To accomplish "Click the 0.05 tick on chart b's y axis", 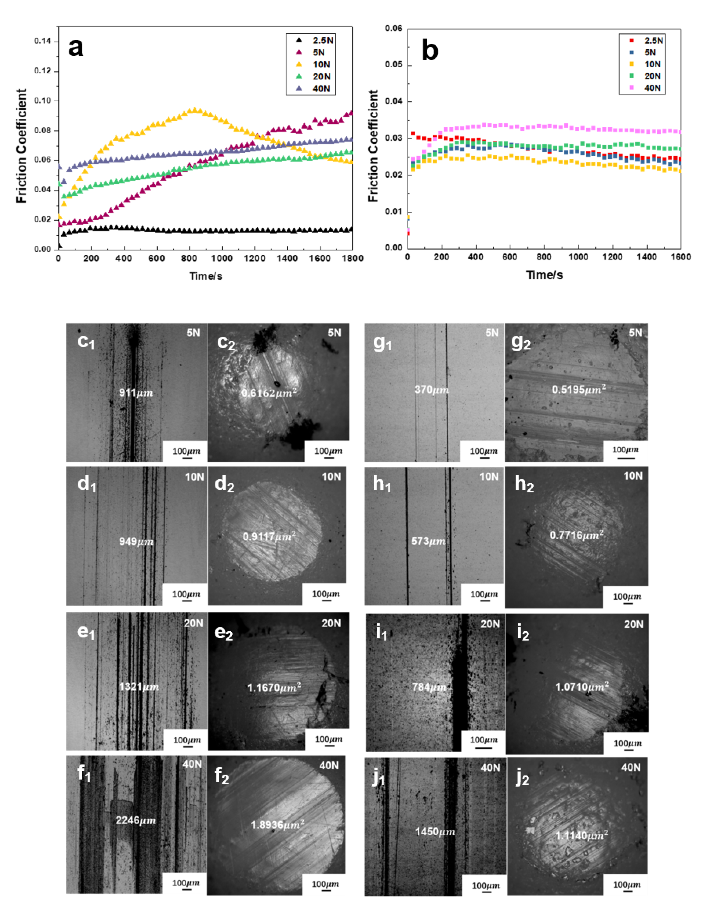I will (394, 65).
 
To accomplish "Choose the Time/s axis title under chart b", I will (544, 275).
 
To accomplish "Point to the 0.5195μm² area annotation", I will (578, 389).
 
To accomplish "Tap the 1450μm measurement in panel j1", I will (435, 832).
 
